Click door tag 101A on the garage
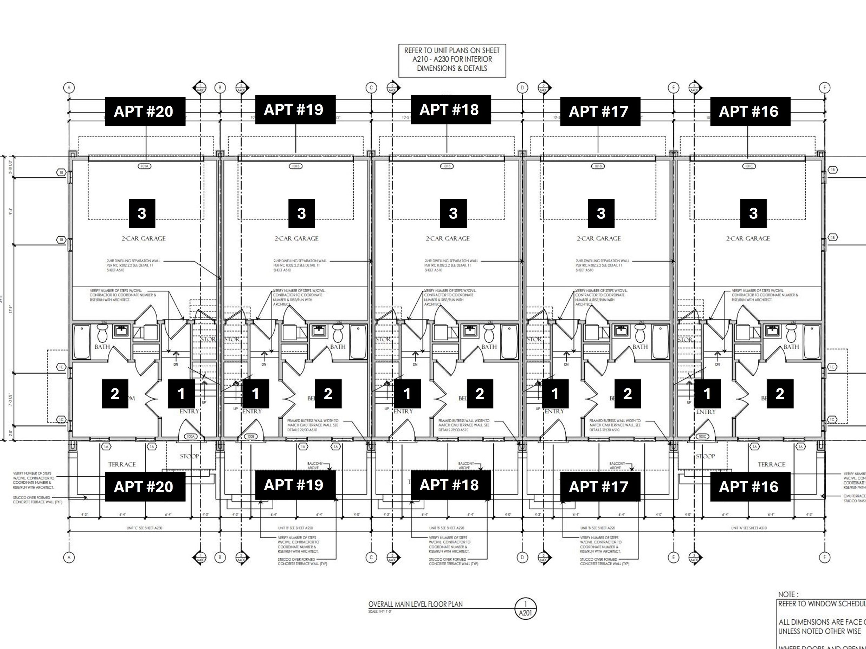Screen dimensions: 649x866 coord(144,166)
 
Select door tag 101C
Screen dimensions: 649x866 coord(749,166)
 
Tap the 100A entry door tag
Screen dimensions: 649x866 coord(190,436)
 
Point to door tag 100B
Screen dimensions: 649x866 coord(251,436)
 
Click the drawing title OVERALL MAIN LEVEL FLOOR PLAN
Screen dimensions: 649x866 coord(415,604)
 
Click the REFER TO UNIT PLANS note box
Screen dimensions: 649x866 coord(452,60)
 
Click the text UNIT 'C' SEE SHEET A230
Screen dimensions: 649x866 coord(144,528)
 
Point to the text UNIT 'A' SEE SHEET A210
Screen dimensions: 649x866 coord(749,528)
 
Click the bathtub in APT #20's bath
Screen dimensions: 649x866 coord(82,341)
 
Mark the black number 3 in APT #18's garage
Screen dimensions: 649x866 coord(453,213)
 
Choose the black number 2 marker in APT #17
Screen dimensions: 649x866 coord(627,394)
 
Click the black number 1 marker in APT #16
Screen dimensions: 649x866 coord(707,394)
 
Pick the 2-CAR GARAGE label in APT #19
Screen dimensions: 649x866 coord(297,238)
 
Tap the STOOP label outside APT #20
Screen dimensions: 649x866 coord(189,456)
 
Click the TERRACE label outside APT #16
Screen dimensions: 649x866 coord(771,465)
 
